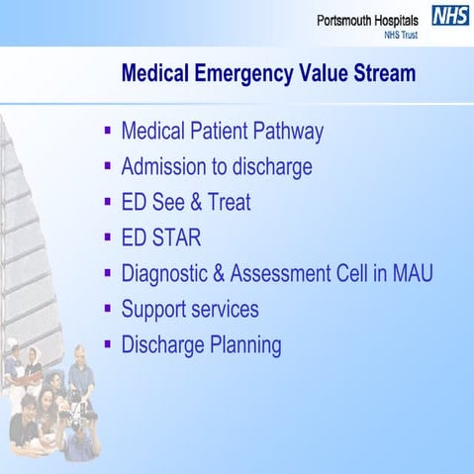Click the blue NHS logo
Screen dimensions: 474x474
[451, 16]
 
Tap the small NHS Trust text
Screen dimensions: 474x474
[402, 35]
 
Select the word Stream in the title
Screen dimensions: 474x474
[383, 73]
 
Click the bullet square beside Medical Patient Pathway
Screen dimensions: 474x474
[107, 130]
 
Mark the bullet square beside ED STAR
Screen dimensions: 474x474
[107, 237]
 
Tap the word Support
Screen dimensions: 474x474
[156, 310]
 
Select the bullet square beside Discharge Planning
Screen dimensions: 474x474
[107, 343]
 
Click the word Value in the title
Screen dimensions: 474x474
[324, 73]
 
